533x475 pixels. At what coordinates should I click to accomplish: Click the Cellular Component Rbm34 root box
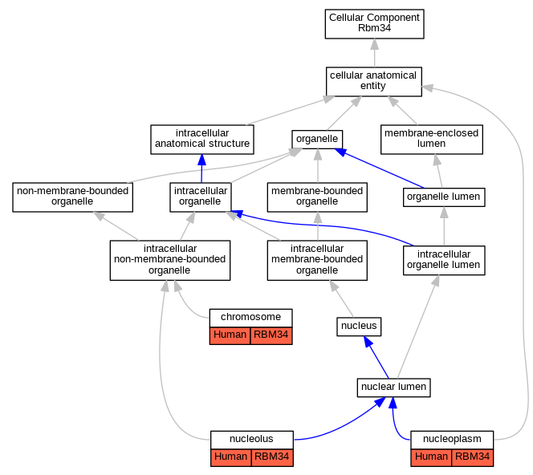[x=374, y=24]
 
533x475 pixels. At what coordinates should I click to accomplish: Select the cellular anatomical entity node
[x=373, y=82]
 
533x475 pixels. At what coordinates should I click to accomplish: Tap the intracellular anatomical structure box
[x=202, y=140]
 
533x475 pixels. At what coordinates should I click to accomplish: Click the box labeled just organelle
[x=317, y=140]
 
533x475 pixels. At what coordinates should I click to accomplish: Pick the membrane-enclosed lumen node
[x=432, y=140]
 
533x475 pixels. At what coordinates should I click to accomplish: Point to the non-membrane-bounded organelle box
[x=72, y=197]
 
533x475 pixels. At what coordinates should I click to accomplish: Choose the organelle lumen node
[x=444, y=197]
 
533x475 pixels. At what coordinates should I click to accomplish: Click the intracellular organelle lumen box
[x=444, y=260]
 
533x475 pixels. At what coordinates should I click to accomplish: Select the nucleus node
[x=359, y=327]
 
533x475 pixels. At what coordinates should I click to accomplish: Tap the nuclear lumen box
[x=393, y=388]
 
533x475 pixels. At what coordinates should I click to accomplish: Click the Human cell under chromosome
[x=230, y=335]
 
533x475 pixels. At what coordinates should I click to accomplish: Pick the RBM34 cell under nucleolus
[x=272, y=457]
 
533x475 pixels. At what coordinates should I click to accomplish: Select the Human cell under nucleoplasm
[x=431, y=457]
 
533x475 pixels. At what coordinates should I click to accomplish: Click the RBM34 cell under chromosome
[x=271, y=335]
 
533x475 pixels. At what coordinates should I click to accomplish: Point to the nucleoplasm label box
[x=452, y=440]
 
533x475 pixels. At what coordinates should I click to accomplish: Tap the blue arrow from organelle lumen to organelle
[x=379, y=168]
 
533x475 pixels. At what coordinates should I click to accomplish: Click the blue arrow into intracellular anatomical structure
[x=201, y=168]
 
